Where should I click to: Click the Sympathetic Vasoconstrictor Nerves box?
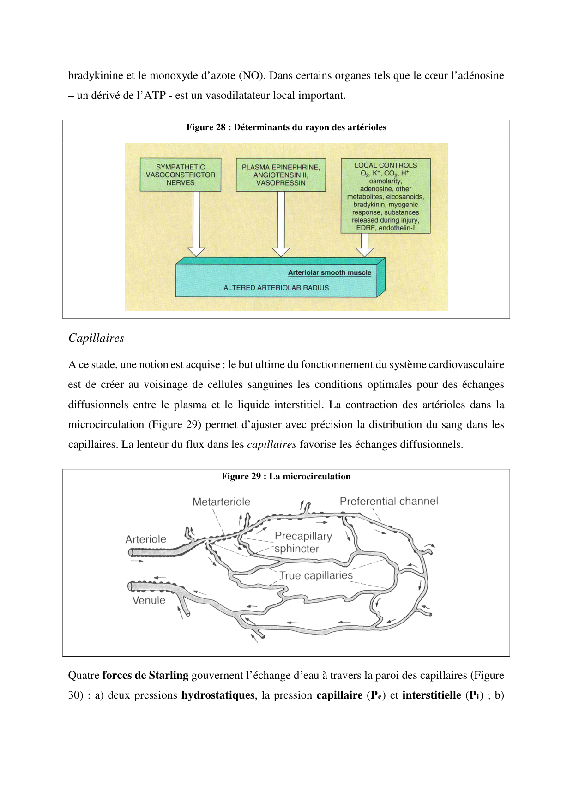click(181, 175)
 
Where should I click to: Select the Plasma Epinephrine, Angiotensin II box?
click(281, 175)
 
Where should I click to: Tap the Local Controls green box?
click(386, 196)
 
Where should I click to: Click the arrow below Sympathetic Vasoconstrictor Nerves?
click(197, 224)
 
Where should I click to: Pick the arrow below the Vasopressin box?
click(281, 224)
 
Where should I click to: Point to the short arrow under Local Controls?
click(365, 245)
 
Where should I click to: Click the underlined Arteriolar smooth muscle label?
click(330, 272)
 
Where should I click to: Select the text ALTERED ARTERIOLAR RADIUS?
click(276, 288)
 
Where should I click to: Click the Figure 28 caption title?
click(286, 127)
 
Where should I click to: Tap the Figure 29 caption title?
click(286, 477)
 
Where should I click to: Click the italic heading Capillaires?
click(96, 338)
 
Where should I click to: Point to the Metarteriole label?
click(221, 502)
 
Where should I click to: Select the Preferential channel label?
click(389, 502)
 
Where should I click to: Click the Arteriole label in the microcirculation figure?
click(146, 539)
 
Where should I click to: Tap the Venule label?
click(149, 600)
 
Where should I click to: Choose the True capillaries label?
click(316, 575)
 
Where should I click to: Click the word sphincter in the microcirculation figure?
click(297, 549)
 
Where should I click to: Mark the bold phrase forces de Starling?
click(145, 676)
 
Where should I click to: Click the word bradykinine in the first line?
click(96, 76)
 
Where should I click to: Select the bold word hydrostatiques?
click(217, 695)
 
